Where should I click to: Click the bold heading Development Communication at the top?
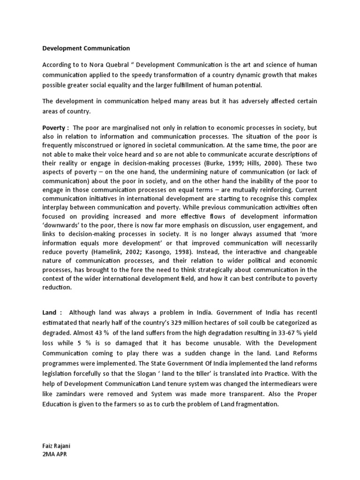coord(86,48)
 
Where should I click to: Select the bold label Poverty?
coord(54,128)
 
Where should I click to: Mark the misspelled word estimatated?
coord(63,322)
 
